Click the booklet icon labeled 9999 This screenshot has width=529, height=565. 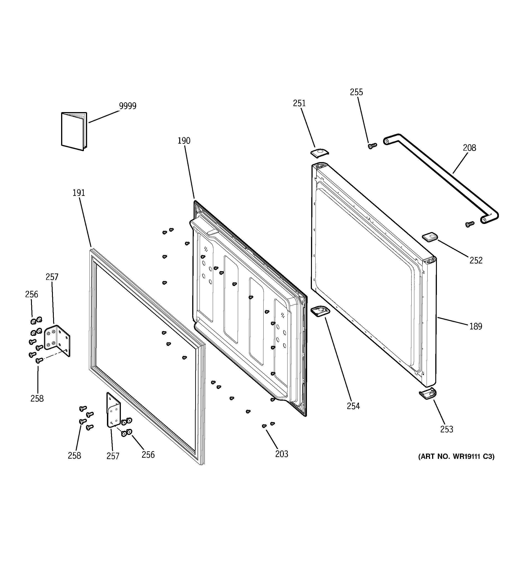[74, 131]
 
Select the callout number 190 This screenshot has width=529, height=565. [184, 141]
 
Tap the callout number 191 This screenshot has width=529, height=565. [79, 193]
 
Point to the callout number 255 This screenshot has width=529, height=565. [356, 92]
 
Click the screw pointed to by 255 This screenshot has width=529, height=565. [371, 145]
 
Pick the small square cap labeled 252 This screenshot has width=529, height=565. [430, 237]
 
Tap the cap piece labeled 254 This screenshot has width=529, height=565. [321, 310]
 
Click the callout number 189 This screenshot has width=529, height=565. [476, 326]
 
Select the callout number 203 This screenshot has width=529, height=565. [281, 454]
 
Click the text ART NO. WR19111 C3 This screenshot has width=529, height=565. [456, 464]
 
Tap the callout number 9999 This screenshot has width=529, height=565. [127, 106]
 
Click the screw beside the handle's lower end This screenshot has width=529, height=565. [469, 224]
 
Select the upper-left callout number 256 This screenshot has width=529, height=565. [31, 294]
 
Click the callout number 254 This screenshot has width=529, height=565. [353, 406]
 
